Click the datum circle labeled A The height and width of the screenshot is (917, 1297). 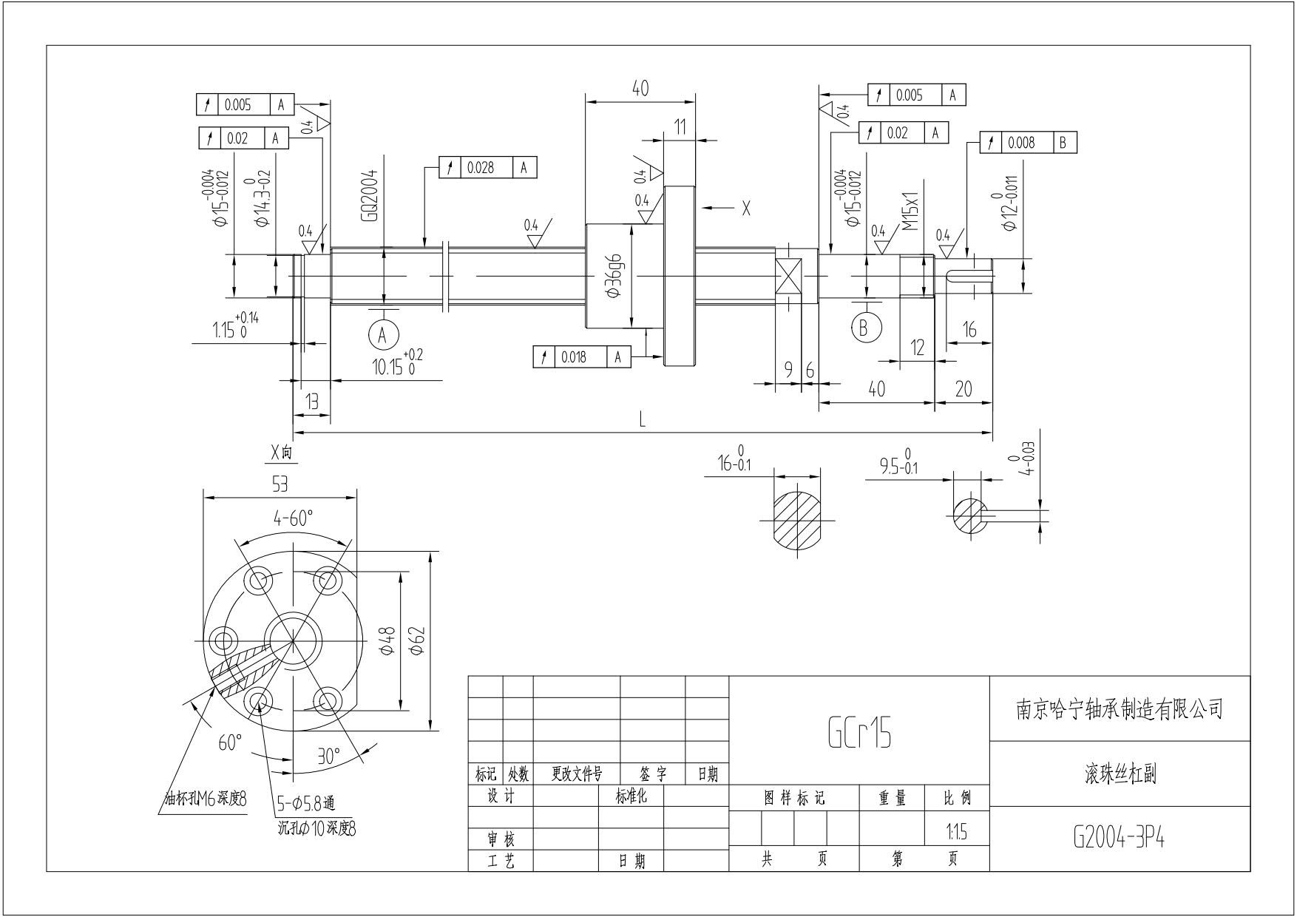point(383,335)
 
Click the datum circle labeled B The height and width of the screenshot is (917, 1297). point(864,327)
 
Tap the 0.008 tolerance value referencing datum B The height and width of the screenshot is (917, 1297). point(1020,143)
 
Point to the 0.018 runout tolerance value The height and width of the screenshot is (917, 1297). point(574,357)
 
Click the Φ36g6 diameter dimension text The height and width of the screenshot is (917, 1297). point(615,276)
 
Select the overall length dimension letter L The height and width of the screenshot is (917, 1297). point(643,421)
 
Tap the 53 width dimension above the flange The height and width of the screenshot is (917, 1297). point(280,484)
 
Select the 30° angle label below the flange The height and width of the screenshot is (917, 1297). point(328,756)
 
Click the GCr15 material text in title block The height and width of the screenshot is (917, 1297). point(859,732)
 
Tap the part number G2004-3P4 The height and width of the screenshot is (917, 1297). point(1119,837)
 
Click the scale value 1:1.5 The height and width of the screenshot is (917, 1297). point(957,833)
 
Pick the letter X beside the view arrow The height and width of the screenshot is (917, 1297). point(745,209)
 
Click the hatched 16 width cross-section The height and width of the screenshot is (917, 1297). point(797,520)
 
